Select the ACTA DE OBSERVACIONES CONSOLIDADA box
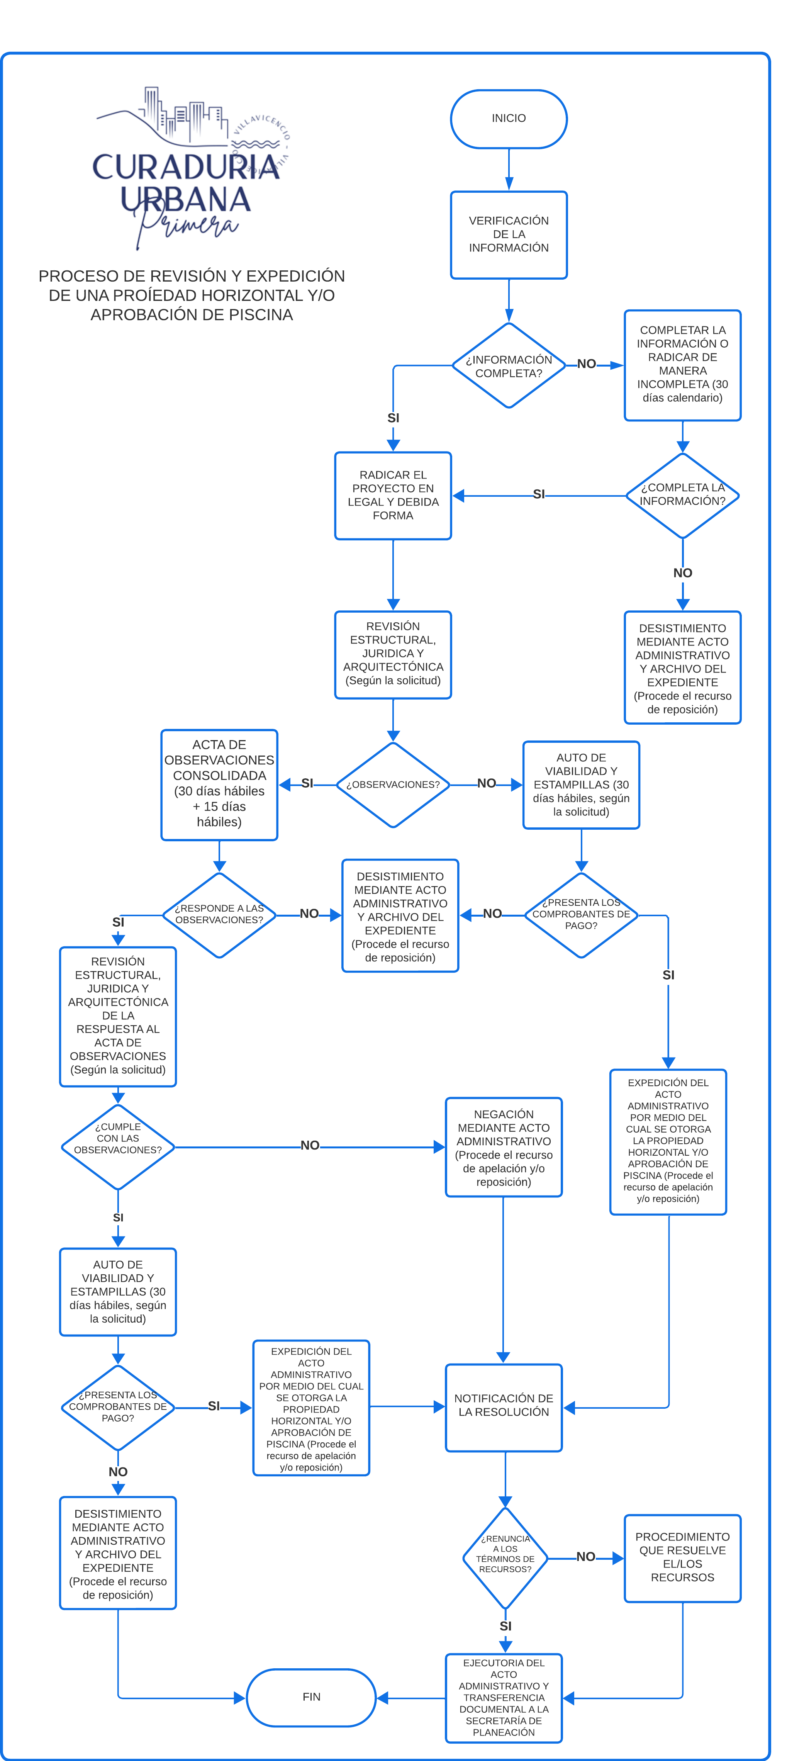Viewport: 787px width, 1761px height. pyautogui.click(x=219, y=785)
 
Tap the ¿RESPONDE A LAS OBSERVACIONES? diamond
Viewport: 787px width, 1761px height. pyautogui.click(x=219, y=915)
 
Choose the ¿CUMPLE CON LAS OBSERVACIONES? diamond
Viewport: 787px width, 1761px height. pyautogui.click(x=118, y=1147)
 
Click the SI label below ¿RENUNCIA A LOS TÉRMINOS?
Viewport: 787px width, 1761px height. pyautogui.click(x=505, y=1626)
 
